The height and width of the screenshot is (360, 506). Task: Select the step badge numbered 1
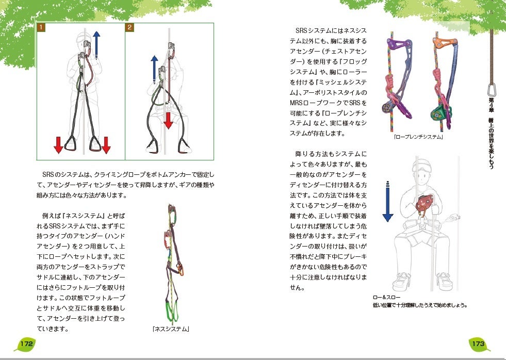coord(41,27)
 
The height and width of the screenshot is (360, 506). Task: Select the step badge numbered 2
coord(130,27)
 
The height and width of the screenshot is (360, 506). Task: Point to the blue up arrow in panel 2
coord(154,69)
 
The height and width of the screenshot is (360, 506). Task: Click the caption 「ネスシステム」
coord(171,329)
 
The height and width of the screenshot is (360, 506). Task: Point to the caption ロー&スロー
coord(384,298)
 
